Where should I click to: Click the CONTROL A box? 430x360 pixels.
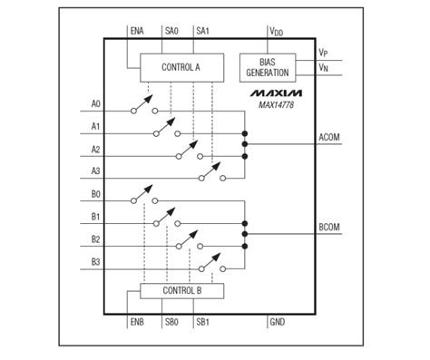[181, 66]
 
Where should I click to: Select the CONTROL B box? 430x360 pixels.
[181, 290]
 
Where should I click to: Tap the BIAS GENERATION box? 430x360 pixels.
[267, 66]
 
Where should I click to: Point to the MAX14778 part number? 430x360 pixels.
[277, 105]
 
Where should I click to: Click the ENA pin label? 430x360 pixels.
[137, 31]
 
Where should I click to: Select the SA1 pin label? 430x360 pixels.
[202, 31]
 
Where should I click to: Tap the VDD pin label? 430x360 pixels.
[276, 31]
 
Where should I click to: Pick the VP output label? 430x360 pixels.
[324, 53]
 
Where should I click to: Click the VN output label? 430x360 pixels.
[324, 67]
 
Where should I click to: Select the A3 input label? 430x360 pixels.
[97, 170]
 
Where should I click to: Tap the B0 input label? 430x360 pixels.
[97, 194]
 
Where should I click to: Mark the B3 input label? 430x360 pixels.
[97, 263]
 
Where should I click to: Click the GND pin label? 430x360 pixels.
[278, 322]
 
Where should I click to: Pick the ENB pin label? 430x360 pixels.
[137, 322]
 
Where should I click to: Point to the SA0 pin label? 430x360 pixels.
[171, 31]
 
